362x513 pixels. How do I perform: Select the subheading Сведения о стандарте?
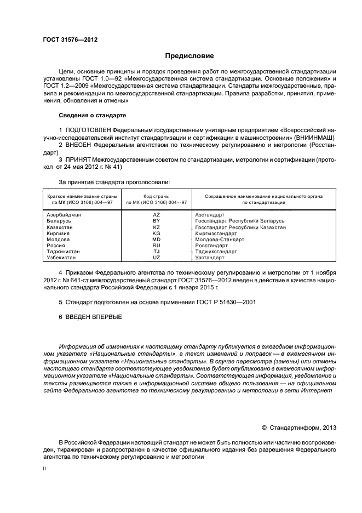pyautogui.click(x=93, y=116)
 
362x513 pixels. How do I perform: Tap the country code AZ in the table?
pyautogui.click(x=156, y=215)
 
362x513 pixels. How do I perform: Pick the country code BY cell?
pyautogui.click(x=156, y=221)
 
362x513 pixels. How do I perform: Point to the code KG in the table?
pyautogui.click(x=156, y=233)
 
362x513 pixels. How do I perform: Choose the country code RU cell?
pyautogui.click(x=156, y=246)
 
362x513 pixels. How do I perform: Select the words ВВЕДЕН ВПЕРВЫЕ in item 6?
pyautogui.click(x=94, y=317)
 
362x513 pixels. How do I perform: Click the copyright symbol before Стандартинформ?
pyautogui.click(x=264, y=428)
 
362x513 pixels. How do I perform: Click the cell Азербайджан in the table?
pyautogui.click(x=65, y=215)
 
